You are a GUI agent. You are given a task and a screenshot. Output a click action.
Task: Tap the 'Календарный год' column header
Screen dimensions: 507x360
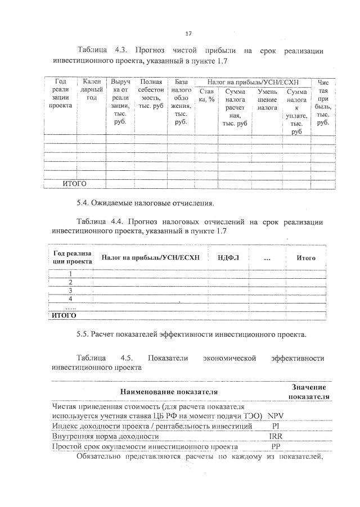click(92, 90)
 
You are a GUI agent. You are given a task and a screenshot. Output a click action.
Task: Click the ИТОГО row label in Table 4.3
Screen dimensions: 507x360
click(74, 183)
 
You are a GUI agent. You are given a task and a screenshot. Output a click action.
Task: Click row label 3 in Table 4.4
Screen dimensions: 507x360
click(70, 291)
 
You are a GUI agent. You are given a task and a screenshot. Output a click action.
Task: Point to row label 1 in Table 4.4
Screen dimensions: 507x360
click(70, 273)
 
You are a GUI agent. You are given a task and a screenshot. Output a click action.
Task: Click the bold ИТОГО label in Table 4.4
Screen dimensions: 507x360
click(64, 315)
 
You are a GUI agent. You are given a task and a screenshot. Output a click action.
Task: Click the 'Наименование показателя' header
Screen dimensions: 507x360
click(169, 391)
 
